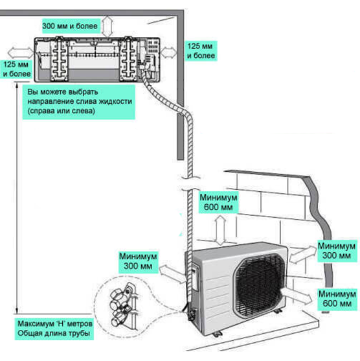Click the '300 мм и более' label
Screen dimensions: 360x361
(70, 26)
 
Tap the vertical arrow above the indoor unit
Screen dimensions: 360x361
(107, 27)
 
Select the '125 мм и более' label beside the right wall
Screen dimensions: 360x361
(201, 51)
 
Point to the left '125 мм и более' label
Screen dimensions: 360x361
(16, 69)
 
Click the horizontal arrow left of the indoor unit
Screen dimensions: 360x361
(21, 52)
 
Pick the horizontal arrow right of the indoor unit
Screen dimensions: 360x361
(168, 52)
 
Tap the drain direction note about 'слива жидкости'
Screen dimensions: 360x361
(80, 101)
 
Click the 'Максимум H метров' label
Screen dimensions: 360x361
(55, 323)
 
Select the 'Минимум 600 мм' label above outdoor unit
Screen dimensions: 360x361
(218, 202)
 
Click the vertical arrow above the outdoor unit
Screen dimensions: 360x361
(221, 230)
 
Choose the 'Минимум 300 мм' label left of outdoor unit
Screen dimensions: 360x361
(138, 261)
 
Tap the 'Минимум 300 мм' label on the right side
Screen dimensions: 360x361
(337, 251)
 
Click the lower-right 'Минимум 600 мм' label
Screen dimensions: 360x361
(337, 299)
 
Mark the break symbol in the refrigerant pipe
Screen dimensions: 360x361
(190, 183)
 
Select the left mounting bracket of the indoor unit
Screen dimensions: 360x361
(60, 59)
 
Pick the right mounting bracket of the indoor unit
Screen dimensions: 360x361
(128, 59)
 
